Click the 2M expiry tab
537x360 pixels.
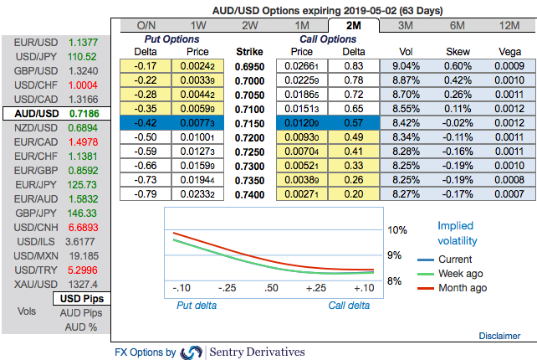coord(352,26)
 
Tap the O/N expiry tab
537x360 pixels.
coord(146,26)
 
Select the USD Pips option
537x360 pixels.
coord(81,299)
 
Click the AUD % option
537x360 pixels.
coord(81,327)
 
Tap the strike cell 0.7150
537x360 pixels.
coord(249,122)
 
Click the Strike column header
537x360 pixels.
coord(249,51)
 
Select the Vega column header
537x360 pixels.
coord(504,51)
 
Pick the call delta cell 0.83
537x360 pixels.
coord(353,65)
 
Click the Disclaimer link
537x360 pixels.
coord(499,336)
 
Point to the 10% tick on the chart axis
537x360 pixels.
coord(397,230)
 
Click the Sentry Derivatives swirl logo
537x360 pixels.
coord(192,352)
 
